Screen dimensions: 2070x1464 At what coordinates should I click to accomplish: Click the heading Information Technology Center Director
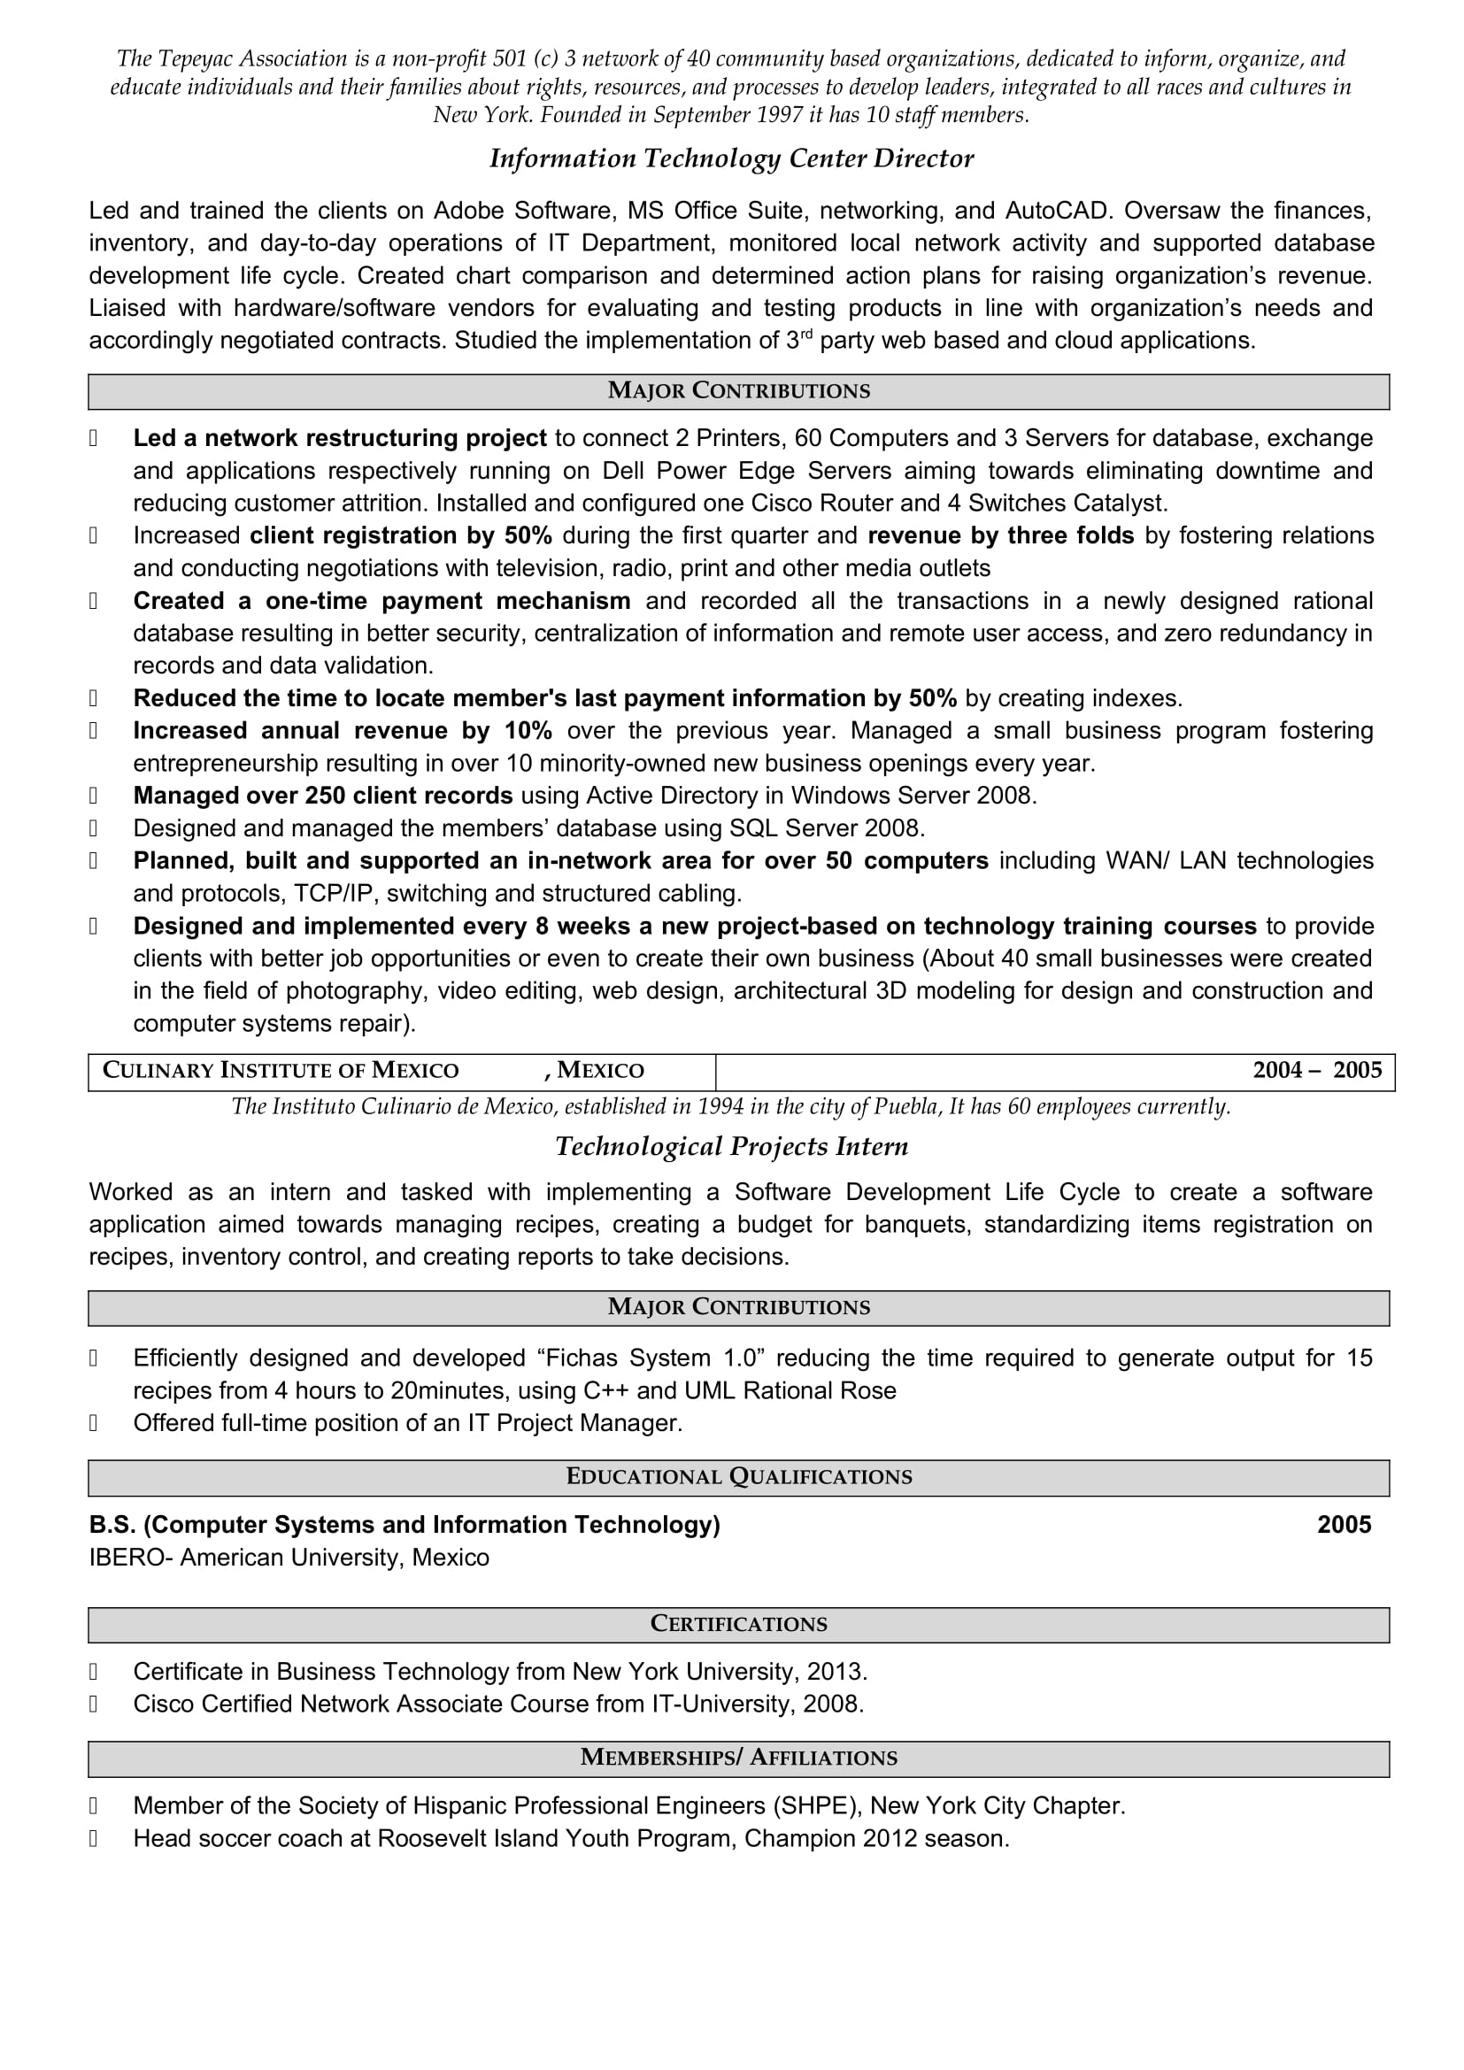click(731, 158)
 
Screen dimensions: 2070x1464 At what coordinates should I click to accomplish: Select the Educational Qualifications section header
click(738, 1477)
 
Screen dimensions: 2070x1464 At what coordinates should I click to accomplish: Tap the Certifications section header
click(738, 1624)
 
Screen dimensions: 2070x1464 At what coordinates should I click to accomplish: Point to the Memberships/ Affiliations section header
click(738, 1758)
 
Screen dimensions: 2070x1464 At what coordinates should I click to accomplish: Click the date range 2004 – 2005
click(1316, 1070)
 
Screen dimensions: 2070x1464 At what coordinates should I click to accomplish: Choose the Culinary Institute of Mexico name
click(281, 1070)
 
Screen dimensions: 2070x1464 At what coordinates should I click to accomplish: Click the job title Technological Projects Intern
click(731, 1147)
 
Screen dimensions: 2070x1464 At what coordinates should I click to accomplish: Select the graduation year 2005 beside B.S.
click(1344, 1525)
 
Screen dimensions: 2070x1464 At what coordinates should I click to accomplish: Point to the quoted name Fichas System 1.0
click(651, 1358)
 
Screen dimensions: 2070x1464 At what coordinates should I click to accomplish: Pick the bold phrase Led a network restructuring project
click(340, 438)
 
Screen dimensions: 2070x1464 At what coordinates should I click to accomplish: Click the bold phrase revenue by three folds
click(1001, 535)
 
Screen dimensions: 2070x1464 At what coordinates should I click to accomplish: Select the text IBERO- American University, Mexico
click(289, 1557)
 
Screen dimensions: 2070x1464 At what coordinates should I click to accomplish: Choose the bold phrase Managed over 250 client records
click(323, 796)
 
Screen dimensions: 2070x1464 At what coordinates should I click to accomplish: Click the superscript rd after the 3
click(807, 335)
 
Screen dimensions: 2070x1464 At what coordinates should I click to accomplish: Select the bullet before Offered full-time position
click(93, 1424)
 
